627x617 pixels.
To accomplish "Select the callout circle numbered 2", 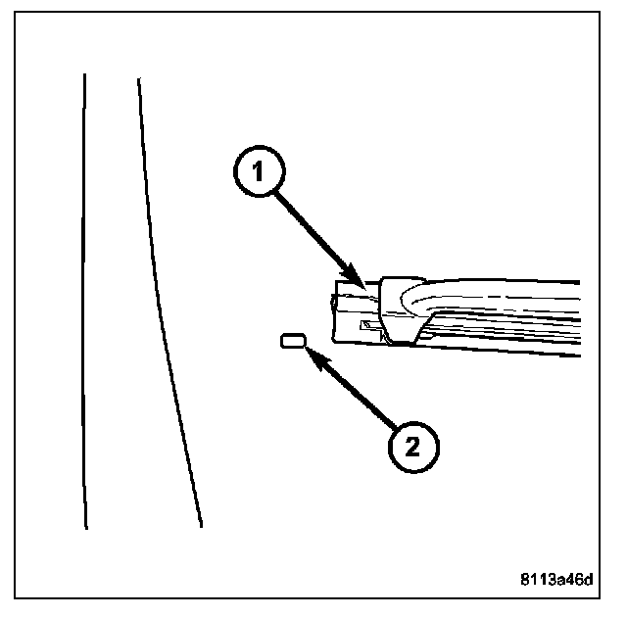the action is tap(412, 447).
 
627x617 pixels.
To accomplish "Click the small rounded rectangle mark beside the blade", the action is tap(293, 341).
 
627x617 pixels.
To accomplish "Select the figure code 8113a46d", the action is tap(556, 579).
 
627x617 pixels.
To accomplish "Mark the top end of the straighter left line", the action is tap(84, 74).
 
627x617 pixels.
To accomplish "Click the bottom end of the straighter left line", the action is tap(86, 528).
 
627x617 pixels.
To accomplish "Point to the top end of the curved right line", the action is tap(139, 78).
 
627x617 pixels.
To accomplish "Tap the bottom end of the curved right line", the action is tap(201, 526).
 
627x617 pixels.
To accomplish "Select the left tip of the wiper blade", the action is tap(334, 309).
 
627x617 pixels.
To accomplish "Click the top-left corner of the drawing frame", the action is tap(15, 11).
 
